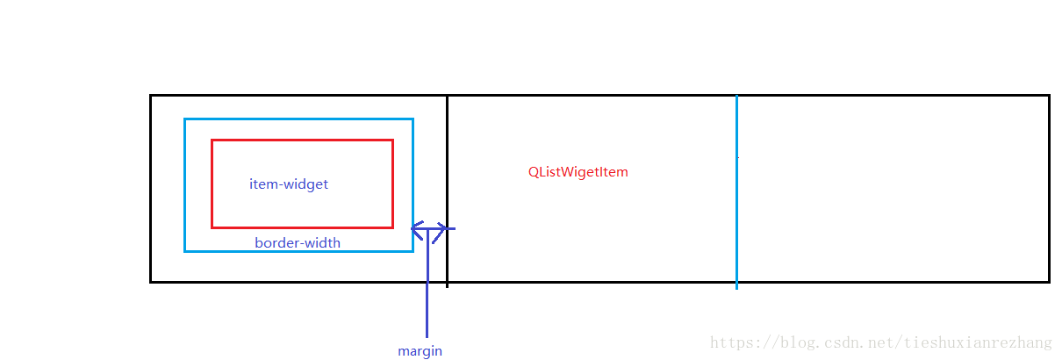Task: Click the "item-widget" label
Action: (289, 184)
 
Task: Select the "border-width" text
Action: (298, 243)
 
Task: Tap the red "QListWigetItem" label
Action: (578, 172)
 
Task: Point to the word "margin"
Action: (420, 351)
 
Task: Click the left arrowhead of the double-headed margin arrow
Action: (415, 229)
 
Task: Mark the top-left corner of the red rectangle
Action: (212, 140)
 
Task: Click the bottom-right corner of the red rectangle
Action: (392, 227)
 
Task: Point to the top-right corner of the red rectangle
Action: (392, 140)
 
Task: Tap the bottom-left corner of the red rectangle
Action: (212, 227)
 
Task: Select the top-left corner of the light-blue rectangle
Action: (185, 119)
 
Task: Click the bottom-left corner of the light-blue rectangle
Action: (185, 251)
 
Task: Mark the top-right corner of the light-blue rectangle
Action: (413, 119)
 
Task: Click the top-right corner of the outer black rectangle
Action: (1049, 96)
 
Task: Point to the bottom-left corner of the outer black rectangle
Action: (151, 281)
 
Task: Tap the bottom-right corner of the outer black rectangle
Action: (1049, 281)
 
